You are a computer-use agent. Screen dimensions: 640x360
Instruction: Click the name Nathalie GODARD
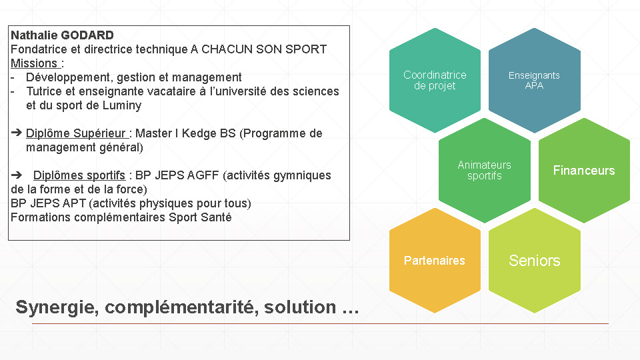point(62,35)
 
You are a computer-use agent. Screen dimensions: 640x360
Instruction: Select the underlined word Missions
point(34,63)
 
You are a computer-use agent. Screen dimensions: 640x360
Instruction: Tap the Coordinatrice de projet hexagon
point(435,81)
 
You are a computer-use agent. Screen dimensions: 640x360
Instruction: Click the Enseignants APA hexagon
point(534,81)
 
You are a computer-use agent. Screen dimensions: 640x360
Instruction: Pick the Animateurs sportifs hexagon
point(485,170)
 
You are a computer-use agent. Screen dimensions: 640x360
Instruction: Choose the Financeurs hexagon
point(584,170)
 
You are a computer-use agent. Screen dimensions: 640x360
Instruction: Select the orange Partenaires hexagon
point(435,261)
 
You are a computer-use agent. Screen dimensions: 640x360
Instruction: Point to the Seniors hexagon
point(534,261)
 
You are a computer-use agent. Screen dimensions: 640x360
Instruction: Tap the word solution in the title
point(300,307)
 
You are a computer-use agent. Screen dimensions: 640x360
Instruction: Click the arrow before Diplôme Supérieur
point(16,133)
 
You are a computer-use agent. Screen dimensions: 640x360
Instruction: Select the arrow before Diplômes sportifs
point(16,175)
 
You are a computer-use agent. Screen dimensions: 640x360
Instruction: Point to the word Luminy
point(121,106)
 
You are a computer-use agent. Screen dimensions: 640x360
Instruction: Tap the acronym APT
point(75,203)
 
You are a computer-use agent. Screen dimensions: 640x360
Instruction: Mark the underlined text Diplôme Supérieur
point(76,133)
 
